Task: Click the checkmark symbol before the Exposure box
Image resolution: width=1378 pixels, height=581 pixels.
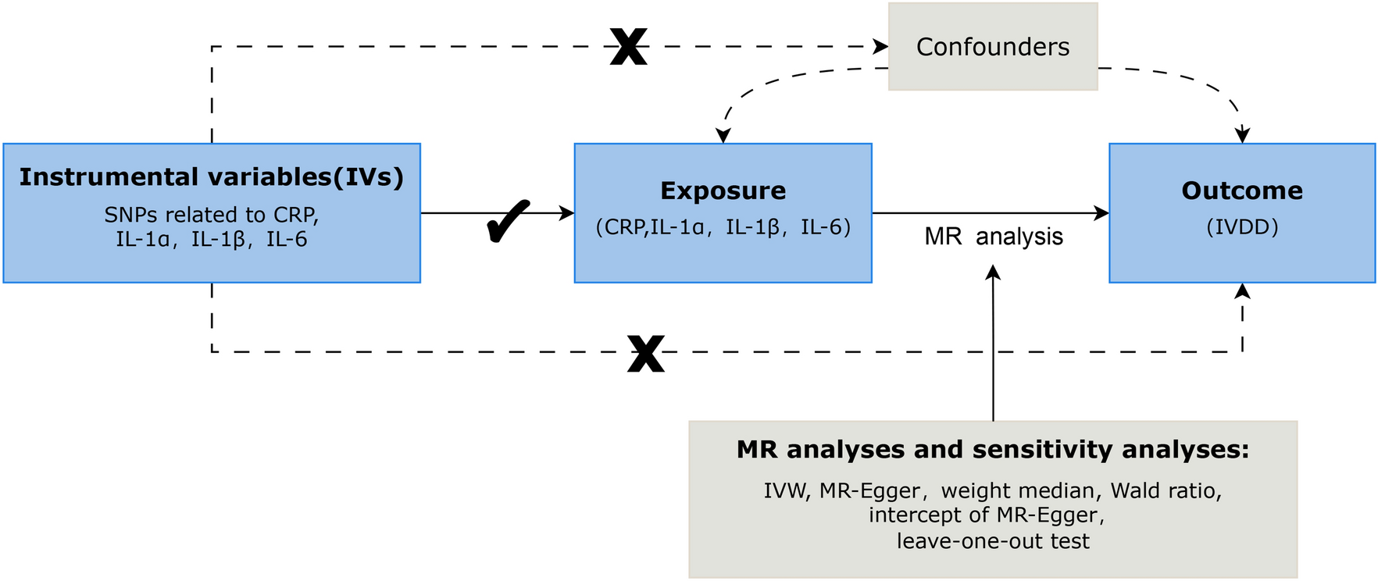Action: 507,221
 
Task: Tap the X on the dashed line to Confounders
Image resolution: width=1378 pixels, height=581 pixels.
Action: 628,48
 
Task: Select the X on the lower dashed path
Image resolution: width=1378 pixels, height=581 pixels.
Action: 646,354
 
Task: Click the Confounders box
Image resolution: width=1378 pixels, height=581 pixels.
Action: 992,47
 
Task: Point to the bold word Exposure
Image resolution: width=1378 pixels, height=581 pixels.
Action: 723,191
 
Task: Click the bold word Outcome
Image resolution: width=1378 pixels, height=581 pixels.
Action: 1241,191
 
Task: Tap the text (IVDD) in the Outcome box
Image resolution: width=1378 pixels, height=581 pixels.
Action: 1241,227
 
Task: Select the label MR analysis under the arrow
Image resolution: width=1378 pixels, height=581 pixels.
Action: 993,237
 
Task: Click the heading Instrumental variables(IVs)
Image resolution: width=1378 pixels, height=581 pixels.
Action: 212,177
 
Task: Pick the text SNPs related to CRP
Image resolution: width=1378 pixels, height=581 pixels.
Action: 212,215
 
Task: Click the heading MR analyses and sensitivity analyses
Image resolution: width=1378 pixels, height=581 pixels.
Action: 992,450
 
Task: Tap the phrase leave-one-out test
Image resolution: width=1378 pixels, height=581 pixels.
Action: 992,541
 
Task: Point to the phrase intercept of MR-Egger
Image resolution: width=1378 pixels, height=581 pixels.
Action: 986,515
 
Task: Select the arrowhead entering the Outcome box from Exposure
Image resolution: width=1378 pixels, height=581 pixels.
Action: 1102,213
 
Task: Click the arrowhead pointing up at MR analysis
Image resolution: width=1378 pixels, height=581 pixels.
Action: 993,272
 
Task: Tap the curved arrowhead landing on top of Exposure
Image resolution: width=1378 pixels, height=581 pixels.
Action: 723,136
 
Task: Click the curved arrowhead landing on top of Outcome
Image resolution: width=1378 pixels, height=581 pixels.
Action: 1242,136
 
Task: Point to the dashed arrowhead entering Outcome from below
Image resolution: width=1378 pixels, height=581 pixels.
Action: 1242,290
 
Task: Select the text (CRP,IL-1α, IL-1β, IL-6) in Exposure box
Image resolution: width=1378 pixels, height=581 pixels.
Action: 723,227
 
